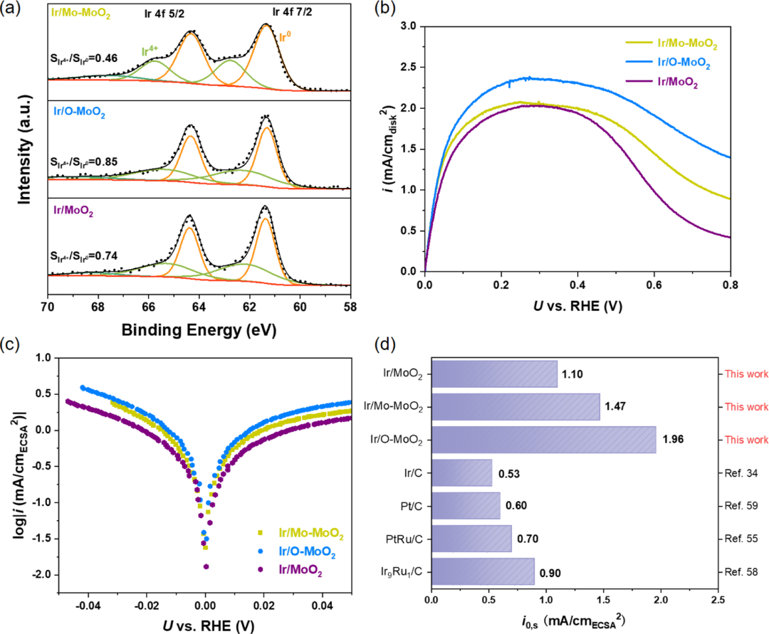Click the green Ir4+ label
[150, 51]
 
